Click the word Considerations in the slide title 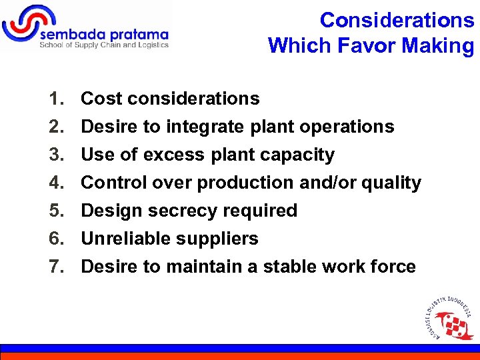point(397,20)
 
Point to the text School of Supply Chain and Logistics point(104,45)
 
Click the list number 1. point(55,99)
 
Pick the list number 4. point(55,183)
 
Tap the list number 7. point(55,267)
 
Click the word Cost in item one point(101,99)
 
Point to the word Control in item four point(113,183)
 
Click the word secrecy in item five point(193,211)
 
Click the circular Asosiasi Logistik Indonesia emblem point(449,317)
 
